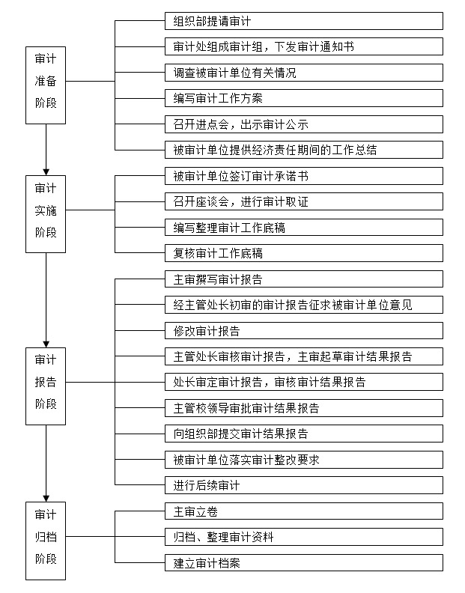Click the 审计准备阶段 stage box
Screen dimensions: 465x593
coord(46,85)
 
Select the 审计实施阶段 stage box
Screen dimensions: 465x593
coord(46,214)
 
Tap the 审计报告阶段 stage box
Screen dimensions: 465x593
coord(46,386)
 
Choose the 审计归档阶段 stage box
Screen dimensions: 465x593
coord(46,541)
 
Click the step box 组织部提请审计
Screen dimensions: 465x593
coord(304,21)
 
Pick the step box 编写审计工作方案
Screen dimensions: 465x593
coord(304,98)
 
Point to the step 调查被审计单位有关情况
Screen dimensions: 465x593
coord(304,73)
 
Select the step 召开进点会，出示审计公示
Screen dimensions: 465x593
coord(304,124)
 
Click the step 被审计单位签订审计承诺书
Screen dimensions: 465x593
coord(304,176)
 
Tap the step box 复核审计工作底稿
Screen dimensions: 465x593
coord(304,253)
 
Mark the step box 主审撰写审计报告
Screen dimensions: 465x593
coord(304,279)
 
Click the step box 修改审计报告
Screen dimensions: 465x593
coord(304,330)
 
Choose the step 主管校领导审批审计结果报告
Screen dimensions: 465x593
coord(304,408)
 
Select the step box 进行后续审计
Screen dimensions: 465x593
coord(304,485)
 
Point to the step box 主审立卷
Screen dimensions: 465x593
coord(304,511)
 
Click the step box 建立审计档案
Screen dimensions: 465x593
coord(304,563)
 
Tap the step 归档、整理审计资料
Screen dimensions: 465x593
coord(304,537)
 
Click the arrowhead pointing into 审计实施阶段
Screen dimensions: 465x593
coord(46,172)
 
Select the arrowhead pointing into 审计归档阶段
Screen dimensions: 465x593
coord(46,499)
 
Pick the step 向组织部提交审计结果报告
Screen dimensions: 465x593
coord(304,434)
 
